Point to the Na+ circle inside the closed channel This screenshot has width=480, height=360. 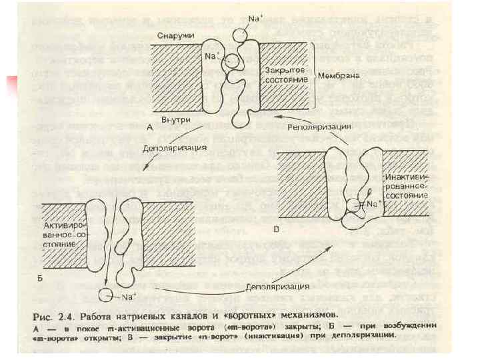[234, 62]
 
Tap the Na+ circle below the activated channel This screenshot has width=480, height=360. [105, 293]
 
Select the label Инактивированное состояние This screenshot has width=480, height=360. [405, 187]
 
